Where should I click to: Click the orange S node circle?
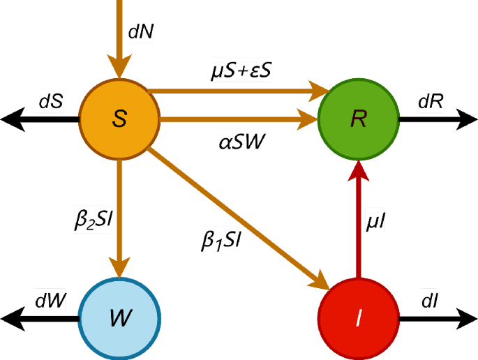pos(119,119)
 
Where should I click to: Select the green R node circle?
pos(359,119)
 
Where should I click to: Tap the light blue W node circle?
pos(119,320)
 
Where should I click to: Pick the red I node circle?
pos(359,320)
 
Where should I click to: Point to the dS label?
pos(51,101)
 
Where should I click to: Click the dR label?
pos(431,101)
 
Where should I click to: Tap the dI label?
pos(430,302)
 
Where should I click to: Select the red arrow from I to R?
pos(359,223)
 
